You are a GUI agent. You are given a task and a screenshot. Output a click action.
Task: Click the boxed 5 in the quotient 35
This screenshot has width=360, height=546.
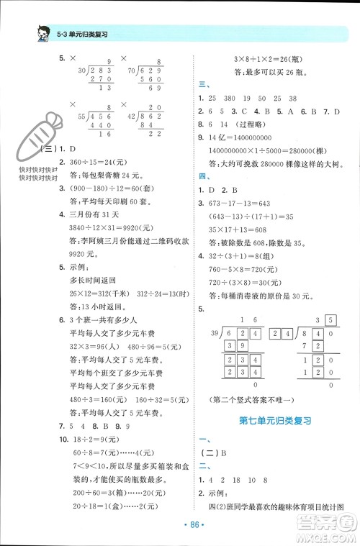pos(331,320)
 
